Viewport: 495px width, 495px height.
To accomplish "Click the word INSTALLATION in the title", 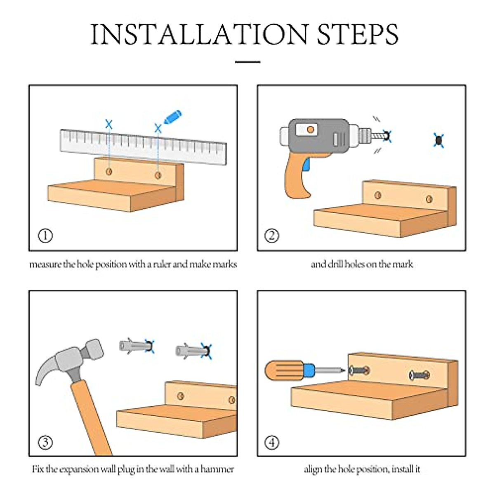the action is (x=199, y=34).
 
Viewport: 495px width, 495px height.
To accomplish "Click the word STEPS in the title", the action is (x=358, y=34).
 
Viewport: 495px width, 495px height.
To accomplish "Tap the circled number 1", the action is (x=45, y=236).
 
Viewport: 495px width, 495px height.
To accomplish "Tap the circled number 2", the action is (x=271, y=236).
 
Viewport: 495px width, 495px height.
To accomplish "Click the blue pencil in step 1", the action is (x=172, y=117).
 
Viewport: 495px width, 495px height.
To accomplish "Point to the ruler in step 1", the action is (x=143, y=146).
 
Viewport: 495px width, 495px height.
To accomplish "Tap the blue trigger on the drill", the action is (x=306, y=165).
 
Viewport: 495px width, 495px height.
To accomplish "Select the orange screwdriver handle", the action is (x=284, y=370).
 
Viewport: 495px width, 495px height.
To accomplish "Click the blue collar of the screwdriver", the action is (x=309, y=370).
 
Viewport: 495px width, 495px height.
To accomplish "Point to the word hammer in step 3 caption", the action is (x=217, y=469).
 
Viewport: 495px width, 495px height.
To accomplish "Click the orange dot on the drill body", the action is (x=310, y=130).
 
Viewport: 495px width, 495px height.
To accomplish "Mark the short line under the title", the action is (x=247, y=61).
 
